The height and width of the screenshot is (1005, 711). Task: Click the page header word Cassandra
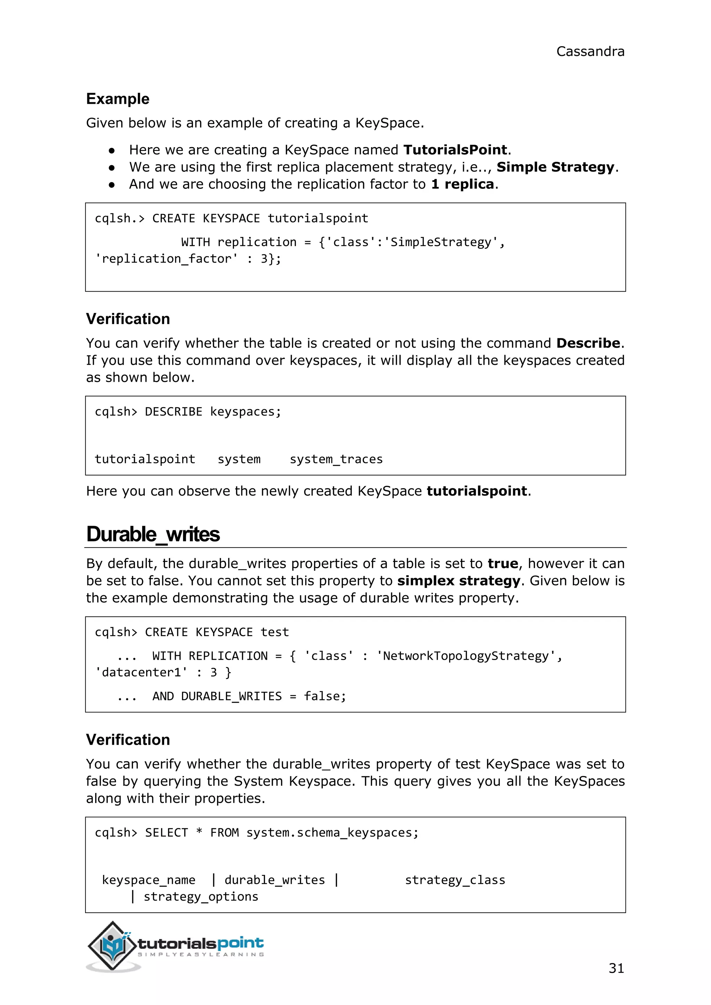pos(590,52)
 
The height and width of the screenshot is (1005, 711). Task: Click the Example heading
pos(118,99)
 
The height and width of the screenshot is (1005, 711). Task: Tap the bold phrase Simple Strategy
pos(555,167)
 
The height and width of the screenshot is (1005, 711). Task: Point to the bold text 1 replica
pos(462,184)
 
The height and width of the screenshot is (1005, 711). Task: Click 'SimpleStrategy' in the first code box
pos(441,242)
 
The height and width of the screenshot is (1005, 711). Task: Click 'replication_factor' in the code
pos(166,259)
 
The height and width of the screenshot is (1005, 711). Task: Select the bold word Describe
pos(588,343)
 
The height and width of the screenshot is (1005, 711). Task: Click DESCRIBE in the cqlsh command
pos(173,412)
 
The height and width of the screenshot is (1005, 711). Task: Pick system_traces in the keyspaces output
pos(336,459)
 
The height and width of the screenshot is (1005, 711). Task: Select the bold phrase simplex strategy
pos(458,581)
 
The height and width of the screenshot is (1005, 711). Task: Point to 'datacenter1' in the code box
pos(141,672)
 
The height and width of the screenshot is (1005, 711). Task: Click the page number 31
pos(616,968)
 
